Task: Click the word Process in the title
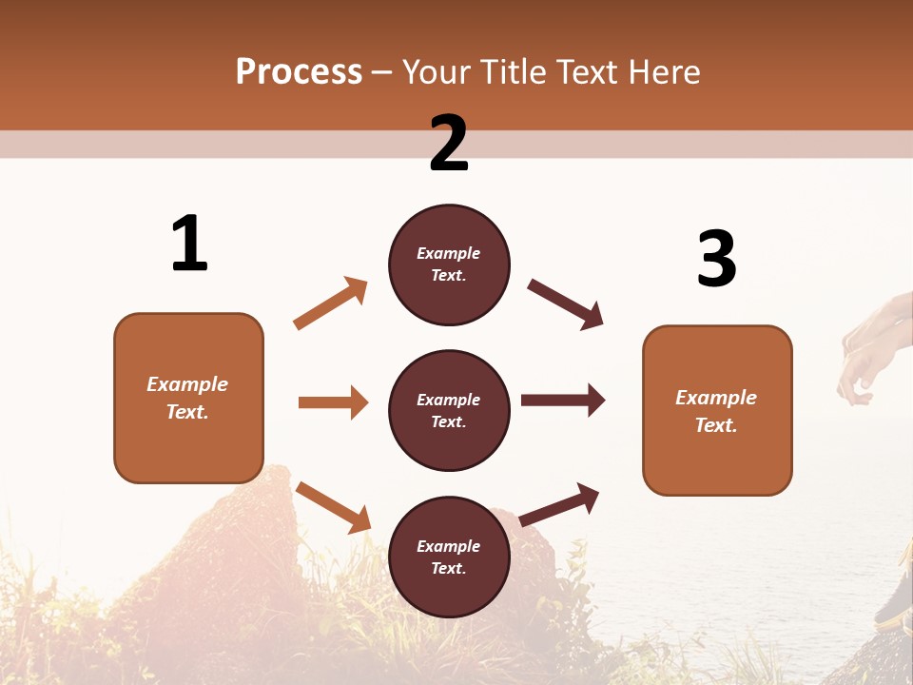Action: tap(299, 72)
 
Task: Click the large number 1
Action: tap(189, 244)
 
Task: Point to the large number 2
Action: tap(449, 144)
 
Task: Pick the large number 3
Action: tap(716, 259)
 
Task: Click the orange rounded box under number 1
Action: tap(188, 398)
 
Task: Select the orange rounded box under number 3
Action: tap(717, 410)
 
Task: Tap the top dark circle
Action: tap(449, 264)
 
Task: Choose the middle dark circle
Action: tap(449, 410)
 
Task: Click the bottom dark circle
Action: tap(449, 557)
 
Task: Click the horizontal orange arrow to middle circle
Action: tap(333, 402)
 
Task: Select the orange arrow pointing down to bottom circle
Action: tap(333, 507)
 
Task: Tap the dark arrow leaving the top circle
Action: tap(566, 303)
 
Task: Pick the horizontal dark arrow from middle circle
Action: tap(563, 401)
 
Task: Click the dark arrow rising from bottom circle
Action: tap(559, 504)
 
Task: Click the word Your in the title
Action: tap(435, 72)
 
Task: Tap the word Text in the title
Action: tap(590, 72)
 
